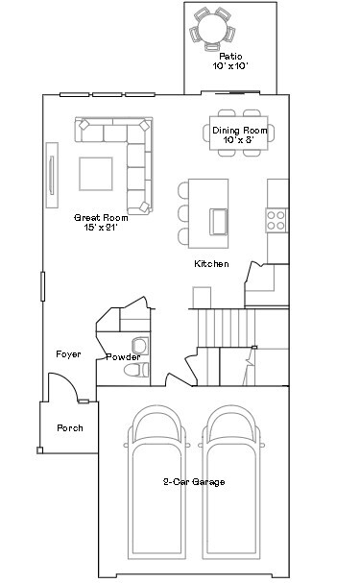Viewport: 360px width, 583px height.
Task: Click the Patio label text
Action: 230,57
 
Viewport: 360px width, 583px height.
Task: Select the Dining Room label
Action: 239,130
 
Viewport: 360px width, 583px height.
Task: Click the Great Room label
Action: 101,218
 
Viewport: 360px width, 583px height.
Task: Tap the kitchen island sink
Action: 218,222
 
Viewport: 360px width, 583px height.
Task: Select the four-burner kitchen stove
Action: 276,219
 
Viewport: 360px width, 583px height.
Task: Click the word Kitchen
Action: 211,263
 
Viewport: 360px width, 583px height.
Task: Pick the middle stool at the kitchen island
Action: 183,212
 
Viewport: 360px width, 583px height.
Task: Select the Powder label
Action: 123,356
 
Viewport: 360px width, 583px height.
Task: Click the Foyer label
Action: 68,354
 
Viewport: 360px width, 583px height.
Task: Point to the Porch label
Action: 70,427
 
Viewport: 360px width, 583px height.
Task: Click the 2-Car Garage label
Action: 193,481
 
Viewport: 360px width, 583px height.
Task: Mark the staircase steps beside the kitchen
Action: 223,327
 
